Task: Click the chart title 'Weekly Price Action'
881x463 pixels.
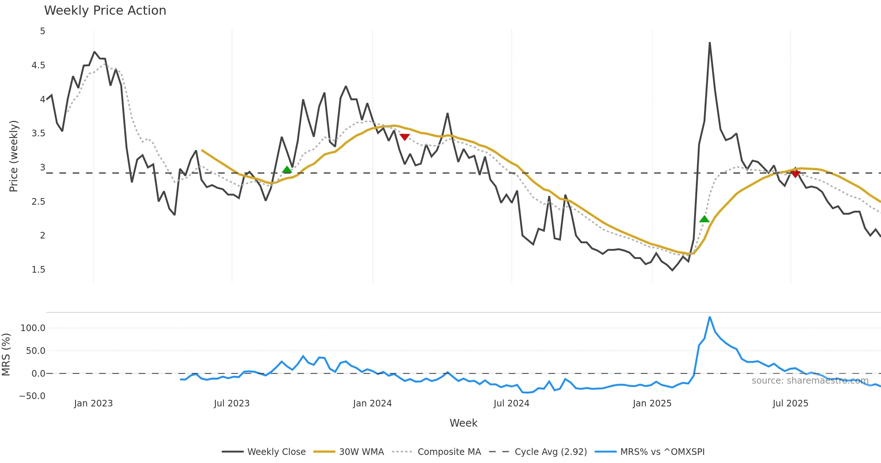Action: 105,11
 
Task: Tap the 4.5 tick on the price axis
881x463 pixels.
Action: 38,65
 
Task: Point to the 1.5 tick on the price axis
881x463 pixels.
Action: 38,270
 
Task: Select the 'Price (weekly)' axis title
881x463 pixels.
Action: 14,156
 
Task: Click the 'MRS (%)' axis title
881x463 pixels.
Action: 6,355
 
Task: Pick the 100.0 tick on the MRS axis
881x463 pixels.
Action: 33,328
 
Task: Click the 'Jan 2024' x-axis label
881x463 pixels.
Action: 372,403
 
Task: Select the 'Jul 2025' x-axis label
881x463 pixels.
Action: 790,403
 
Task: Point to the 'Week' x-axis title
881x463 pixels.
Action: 463,423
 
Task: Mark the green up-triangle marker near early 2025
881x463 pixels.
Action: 704,219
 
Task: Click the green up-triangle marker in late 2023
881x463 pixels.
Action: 287,170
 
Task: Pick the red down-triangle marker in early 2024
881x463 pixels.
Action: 405,137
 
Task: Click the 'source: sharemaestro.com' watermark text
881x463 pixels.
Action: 810,381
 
